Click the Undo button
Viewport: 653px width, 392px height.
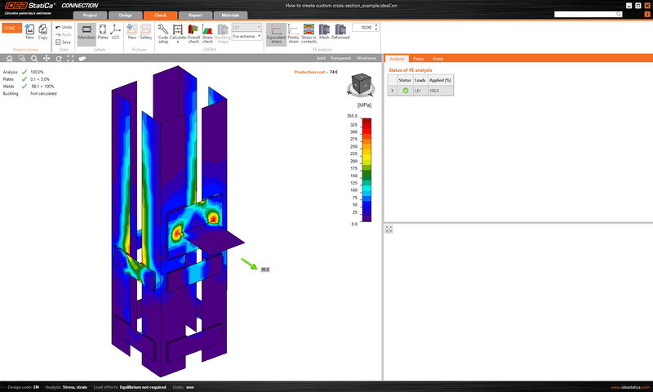(64, 27)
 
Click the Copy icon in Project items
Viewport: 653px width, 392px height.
(42, 32)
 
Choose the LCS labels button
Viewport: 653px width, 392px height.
(115, 32)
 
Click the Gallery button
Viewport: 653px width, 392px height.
(145, 32)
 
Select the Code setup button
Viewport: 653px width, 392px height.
(164, 32)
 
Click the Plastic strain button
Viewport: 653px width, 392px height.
(292, 32)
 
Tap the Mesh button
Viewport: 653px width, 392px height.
(324, 32)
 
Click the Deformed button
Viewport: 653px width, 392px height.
(341, 32)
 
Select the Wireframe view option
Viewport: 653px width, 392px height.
(366, 59)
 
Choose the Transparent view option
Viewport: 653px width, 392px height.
(340, 59)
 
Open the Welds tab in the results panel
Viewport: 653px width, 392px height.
(438, 59)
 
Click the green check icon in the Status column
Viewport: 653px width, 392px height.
(406, 90)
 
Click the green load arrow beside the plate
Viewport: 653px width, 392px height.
(248, 263)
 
